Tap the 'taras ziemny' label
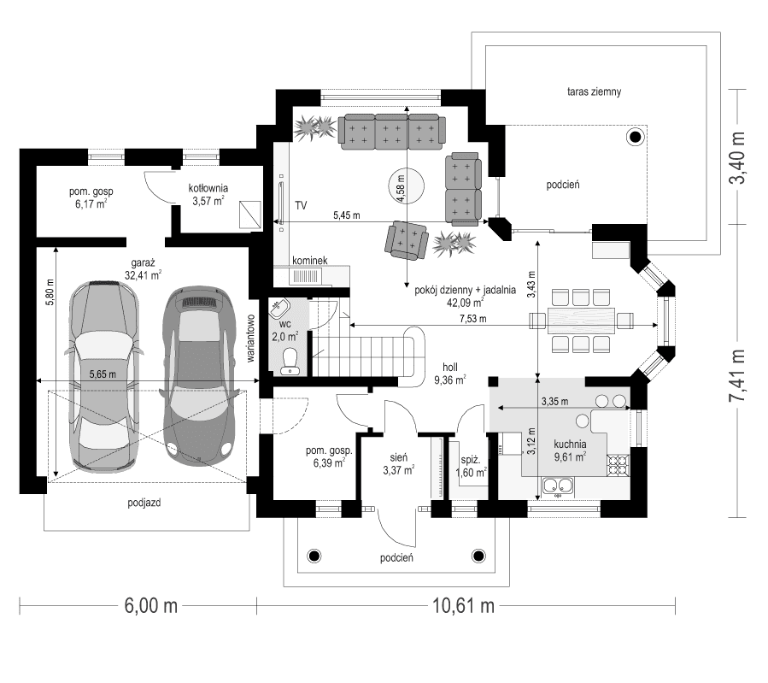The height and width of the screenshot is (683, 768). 598,91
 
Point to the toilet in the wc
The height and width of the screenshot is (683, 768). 291,362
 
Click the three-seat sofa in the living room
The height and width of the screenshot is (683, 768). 392,130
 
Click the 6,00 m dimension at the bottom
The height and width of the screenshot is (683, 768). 150,606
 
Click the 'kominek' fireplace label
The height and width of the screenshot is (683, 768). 309,261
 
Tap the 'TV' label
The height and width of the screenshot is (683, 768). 301,206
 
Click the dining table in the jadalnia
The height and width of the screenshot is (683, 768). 581,321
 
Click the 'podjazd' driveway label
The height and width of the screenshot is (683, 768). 143,503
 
